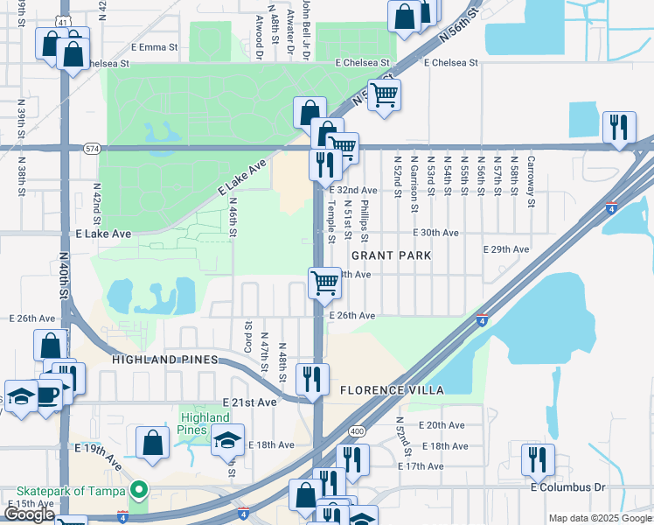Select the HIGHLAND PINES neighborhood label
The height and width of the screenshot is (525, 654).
164,360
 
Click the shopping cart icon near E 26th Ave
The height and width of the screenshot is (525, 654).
324,283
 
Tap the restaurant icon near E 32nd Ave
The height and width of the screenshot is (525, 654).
323,164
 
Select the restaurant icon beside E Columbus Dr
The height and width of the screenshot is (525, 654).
538,458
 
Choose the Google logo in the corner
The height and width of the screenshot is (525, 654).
29,514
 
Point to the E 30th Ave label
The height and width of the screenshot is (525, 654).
435,233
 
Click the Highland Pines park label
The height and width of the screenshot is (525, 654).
205,423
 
